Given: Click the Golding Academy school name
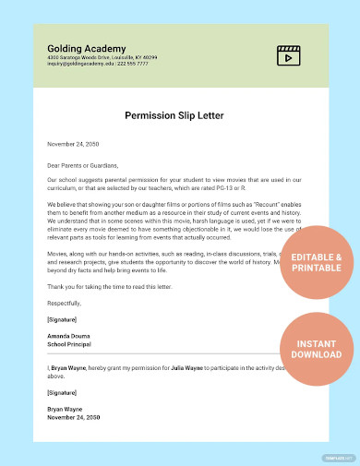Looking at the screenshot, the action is tap(80, 46).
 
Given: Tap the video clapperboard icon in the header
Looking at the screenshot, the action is tap(290, 54).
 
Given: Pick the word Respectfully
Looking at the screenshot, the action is tap(65, 302).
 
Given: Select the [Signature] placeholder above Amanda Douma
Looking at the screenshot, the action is tap(63, 318).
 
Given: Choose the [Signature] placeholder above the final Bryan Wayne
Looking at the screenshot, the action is tap(63, 392).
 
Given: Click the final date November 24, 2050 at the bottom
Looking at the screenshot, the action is tap(73, 416).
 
